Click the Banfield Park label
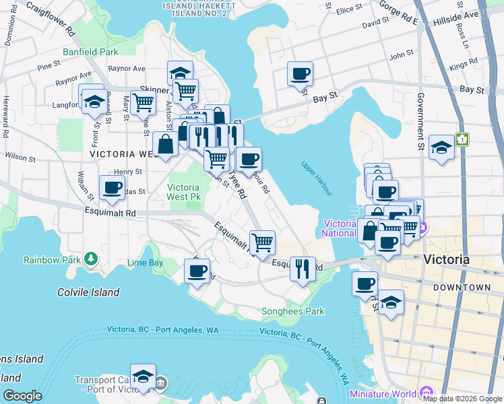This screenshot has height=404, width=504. point(90,51)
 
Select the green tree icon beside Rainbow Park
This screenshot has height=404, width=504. point(90,259)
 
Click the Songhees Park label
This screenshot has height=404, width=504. point(292,311)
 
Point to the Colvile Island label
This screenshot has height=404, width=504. point(88,292)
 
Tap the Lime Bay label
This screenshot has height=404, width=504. point(145,263)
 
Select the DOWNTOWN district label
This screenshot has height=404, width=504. point(462,288)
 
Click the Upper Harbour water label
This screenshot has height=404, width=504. point(317,176)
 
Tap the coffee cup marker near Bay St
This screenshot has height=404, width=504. point(300,73)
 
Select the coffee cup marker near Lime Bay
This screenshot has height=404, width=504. point(197,271)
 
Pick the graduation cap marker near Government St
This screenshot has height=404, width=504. point(441,147)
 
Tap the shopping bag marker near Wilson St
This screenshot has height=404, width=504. point(165,143)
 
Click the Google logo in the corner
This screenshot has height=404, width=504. point(22,396)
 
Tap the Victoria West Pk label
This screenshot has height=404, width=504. point(183,193)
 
